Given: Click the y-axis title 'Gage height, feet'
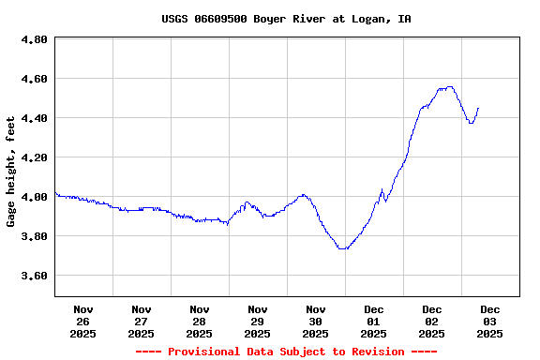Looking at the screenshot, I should [x=11, y=172].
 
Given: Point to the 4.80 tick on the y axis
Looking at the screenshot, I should [x=34, y=39].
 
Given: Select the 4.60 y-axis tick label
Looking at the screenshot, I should [x=34, y=79].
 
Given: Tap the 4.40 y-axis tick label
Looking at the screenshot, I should [x=34, y=118].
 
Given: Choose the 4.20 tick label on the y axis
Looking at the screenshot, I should [x=34, y=157].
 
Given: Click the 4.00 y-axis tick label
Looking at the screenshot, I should [x=34, y=197].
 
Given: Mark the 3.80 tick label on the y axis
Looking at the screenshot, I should [x=34, y=236].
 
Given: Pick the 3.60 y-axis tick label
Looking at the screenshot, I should [x=34, y=276].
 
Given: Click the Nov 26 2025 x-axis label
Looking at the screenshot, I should [x=83, y=321].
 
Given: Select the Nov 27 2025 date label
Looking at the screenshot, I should [x=142, y=321].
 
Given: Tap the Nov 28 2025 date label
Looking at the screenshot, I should [x=200, y=321].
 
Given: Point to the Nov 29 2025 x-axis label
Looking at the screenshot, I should [x=258, y=321].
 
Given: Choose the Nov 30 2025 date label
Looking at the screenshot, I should [x=316, y=321].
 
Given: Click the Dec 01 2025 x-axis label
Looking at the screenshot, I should [x=374, y=321].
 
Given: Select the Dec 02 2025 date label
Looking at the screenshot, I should [x=432, y=321].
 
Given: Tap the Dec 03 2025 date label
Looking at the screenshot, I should [x=490, y=321].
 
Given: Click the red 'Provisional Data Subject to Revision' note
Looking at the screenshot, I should [x=286, y=352].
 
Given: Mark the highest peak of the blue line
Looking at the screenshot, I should [x=449, y=87].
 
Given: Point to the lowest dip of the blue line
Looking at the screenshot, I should [x=344, y=248].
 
